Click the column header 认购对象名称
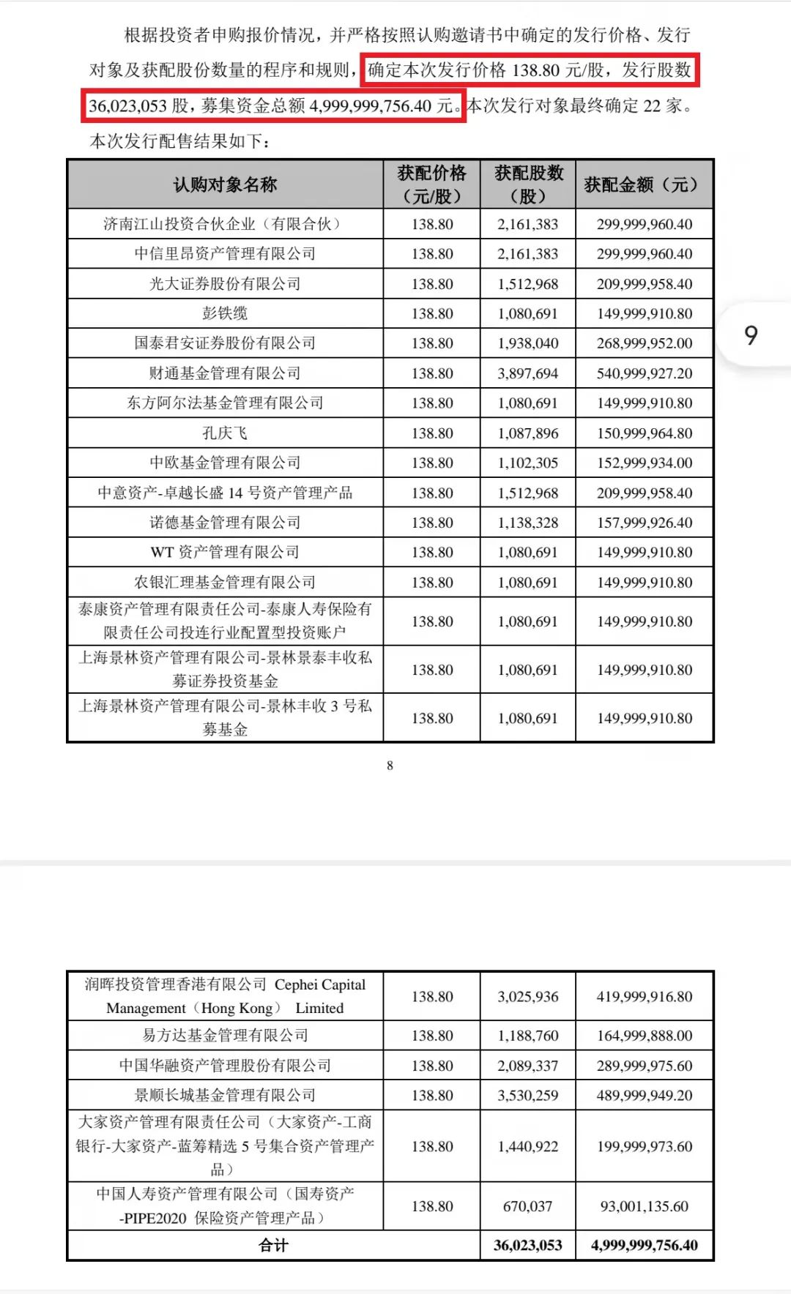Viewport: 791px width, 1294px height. tap(225, 184)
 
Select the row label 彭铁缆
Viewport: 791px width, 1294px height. tap(225, 313)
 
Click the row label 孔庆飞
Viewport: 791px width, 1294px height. tap(225, 433)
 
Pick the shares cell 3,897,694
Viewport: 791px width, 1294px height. tap(527, 373)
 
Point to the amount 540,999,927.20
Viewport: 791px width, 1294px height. tap(645, 373)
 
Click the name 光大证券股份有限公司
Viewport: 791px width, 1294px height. tap(225, 284)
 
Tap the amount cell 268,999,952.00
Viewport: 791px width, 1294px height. tap(645, 343)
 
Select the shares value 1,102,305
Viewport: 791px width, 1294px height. tap(527, 463)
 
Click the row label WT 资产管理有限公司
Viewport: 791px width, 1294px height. tap(225, 552)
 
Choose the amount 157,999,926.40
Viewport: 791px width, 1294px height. tap(645, 523)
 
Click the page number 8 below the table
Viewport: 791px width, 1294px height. tap(390, 766)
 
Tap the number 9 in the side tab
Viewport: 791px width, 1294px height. tap(751, 335)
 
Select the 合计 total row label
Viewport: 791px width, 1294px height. tap(273, 1245)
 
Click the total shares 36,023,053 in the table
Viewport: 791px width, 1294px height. tap(527, 1245)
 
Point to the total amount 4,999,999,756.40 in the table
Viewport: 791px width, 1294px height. tap(645, 1245)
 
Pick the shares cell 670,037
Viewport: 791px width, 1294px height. tap(527, 1206)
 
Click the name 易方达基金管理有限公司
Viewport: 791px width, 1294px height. tap(225, 1036)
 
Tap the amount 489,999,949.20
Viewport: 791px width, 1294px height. tap(645, 1095)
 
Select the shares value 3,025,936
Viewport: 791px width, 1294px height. tap(527, 996)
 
